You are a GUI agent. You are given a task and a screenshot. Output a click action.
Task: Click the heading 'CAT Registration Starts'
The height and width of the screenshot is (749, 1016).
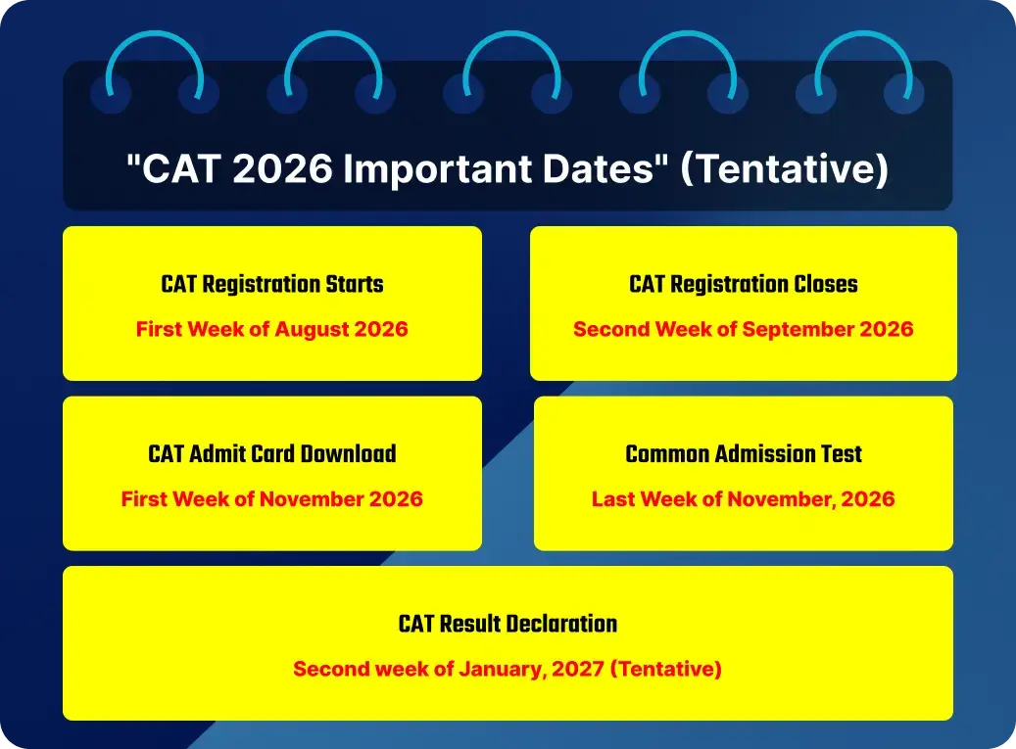click(272, 285)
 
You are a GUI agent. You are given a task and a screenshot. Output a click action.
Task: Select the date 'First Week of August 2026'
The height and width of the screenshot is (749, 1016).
click(272, 329)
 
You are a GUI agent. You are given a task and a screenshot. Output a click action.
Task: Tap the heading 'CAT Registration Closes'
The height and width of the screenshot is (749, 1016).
click(743, 285)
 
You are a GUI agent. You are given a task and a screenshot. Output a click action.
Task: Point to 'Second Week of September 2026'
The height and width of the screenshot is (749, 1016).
click(743, 329)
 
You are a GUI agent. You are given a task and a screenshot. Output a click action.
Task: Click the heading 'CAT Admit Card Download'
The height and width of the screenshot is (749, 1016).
click(272, 454)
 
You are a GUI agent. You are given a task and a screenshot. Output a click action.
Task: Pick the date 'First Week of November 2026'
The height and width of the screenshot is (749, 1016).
click(272, 499)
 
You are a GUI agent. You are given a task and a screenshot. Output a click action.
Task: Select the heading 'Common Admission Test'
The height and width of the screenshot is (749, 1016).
click(743, 454)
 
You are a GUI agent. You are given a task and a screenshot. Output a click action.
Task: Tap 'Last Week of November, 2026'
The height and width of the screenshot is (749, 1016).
click(743, 499)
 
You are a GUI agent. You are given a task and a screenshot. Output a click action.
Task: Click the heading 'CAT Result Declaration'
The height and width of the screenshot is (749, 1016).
click(508, 624)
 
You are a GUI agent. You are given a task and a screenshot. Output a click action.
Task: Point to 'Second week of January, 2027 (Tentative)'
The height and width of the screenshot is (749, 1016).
click(508, 670)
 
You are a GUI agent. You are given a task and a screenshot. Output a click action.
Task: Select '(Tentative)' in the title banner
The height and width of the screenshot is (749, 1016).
click(784, 169)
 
